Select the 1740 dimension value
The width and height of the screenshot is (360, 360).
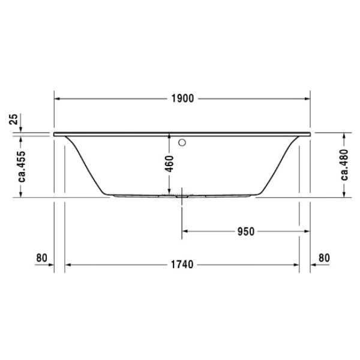coord(182,265)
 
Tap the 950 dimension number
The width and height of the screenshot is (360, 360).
coord(246,231)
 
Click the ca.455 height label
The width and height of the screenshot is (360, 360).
coord(22,165)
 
